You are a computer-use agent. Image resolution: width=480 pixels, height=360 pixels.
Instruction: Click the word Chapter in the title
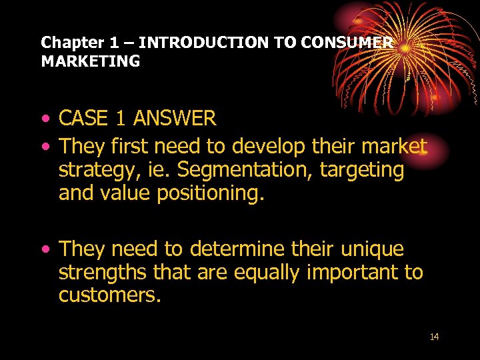coord(66,43)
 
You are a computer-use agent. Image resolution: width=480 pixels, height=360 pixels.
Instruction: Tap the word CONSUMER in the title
coord(347,43)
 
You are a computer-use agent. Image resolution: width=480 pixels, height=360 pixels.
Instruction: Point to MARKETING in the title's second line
coord(91,62)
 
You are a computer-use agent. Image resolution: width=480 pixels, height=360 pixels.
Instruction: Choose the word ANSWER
coord(175,119)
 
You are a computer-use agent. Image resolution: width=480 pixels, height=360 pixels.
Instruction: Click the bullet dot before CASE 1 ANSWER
coord(45,120)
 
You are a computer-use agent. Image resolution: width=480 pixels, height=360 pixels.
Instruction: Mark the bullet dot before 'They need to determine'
coord(45,250)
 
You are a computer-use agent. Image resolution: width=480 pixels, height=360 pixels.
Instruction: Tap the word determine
coord(238,249)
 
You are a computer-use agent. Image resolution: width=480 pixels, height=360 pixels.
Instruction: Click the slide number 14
coord(435,337)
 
